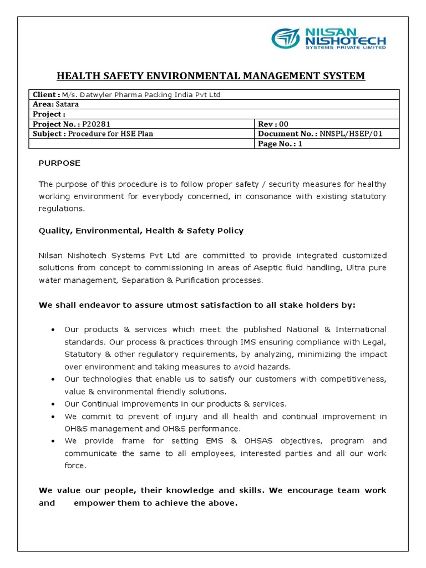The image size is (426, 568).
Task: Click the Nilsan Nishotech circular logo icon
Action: click(286, 39)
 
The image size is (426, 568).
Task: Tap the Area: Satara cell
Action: click(55, 104)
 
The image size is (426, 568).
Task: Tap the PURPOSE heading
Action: click(59, 163)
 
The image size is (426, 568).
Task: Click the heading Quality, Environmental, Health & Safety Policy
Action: click(141, 230)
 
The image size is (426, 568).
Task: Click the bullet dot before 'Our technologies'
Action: click(52, 379)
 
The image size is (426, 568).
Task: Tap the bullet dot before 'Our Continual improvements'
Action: click(52, 404)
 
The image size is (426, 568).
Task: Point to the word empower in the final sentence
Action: click(96, 503)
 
